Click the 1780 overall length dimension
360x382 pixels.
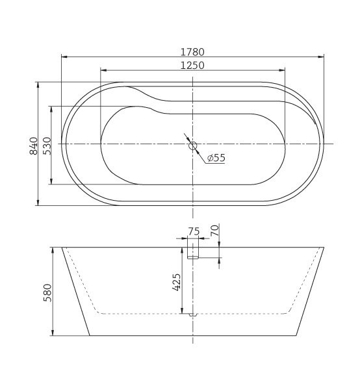click(194, 51)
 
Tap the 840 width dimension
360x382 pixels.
click(33, 144)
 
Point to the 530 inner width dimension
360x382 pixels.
click(47, 145)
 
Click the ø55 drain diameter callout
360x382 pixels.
click(216, 158)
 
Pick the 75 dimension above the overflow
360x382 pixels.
click(193, 232)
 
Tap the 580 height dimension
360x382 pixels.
click(47, 292)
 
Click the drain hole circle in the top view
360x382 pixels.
click(193, 146)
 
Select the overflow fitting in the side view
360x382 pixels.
click(193, 253)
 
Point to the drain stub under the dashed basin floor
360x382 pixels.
click(192, 316)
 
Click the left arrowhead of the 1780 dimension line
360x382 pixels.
click(63, 57)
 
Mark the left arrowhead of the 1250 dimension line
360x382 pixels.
click(103, 70)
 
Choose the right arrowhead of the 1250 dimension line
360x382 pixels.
click(283, 70)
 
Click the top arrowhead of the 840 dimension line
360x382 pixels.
click(38, 84)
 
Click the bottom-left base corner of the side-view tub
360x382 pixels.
click(89, 336)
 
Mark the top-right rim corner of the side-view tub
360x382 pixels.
click(324, 247)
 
